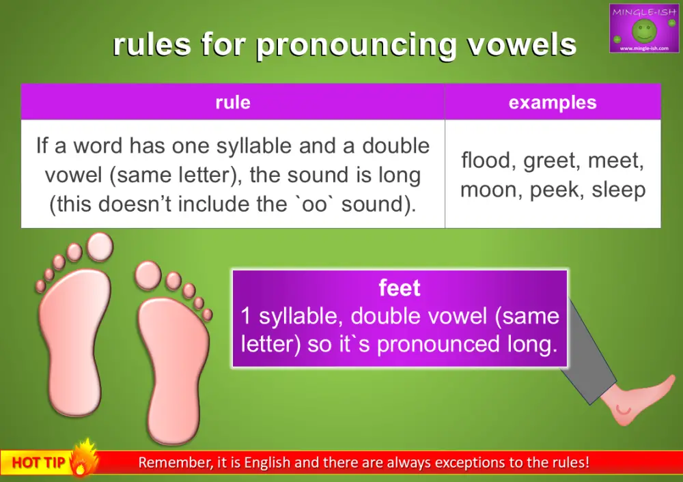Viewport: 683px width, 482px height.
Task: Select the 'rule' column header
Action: click(232, 102)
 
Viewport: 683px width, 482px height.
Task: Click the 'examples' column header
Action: click(552, 102)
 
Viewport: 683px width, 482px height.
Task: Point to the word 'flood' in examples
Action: click(486, 161)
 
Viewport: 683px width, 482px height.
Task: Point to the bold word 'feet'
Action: click(400, 288)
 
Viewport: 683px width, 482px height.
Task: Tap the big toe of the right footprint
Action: click(148, 274)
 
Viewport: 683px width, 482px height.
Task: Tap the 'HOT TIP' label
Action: click(38, 463)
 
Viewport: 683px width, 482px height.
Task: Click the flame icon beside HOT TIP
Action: click(85, 459)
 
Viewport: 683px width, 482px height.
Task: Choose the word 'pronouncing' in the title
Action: click(357, 44)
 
